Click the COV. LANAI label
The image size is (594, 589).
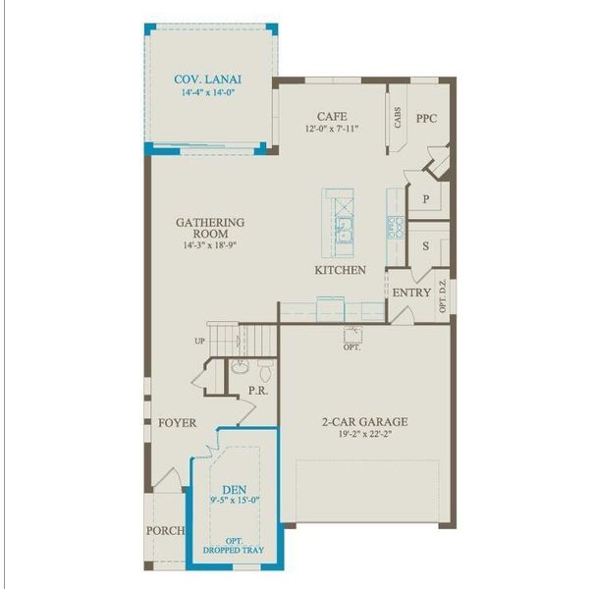[208, 80]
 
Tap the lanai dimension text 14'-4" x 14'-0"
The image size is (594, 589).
[208, 93]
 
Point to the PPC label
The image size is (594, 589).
[425, 118]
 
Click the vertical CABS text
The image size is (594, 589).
[396, 119]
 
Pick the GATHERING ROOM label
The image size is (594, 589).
[210, 229]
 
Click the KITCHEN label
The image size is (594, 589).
[340, 269]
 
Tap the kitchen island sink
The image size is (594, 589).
[344, 232]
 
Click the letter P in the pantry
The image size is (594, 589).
[426, 198]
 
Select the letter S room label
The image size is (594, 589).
[426, 247]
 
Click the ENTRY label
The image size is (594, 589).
[411, 293]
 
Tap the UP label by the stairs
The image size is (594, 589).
[201, 342]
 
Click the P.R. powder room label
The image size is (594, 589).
[258, 390]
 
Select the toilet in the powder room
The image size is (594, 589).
[263, 372]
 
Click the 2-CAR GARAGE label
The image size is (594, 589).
[364, 423]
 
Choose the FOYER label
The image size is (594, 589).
[177, 423]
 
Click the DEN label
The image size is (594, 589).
[234, 488]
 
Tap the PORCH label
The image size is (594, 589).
[165, 530]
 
